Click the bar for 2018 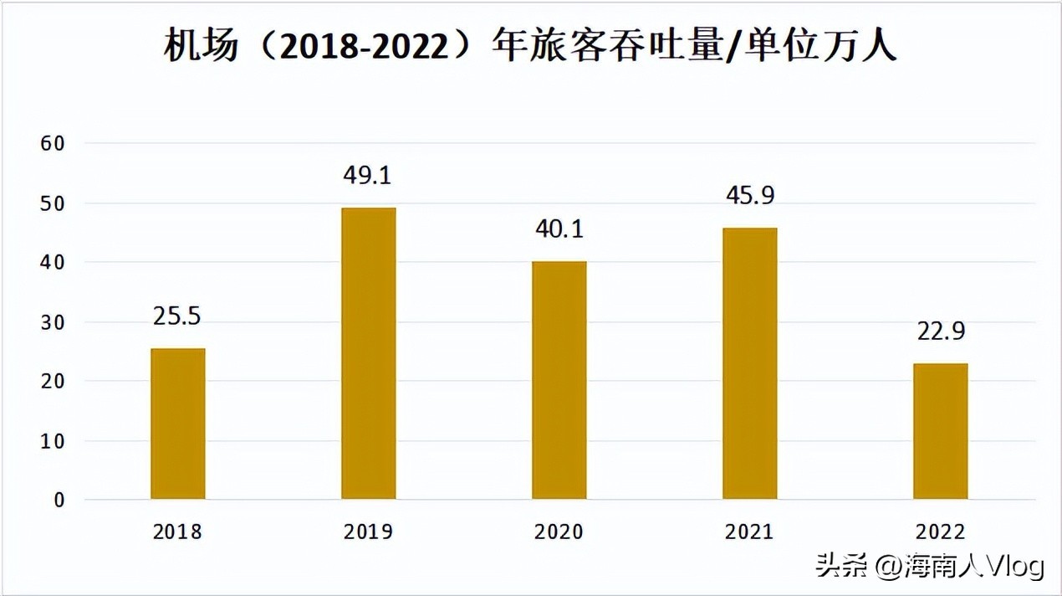[177, 424]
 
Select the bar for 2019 [368, 353]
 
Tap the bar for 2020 [559, 380]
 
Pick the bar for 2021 [750, 363]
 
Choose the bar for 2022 [941, 431]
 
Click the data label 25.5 [177, 316]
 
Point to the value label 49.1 [367, 176]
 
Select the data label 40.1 [559, 229]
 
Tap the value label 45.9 [750, 196]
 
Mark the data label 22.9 [941, 331]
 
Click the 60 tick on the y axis [53, 143]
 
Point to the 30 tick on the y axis [53, 322]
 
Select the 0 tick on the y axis [58, 501]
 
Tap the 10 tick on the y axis [53, 441]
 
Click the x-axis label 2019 [368, 532]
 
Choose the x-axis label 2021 [750, 532]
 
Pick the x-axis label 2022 [941, 532]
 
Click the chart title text [530, 46]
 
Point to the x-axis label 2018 [177, 532]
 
